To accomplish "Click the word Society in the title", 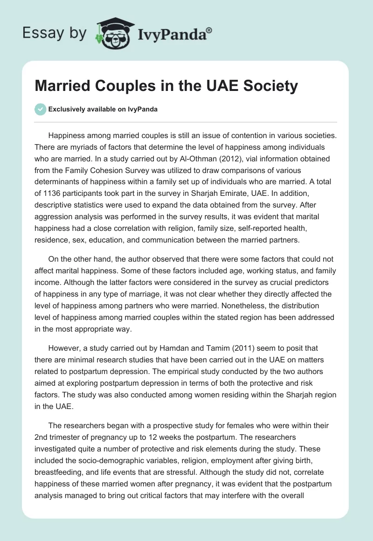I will pyautogui.click(x=271, y=86).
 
